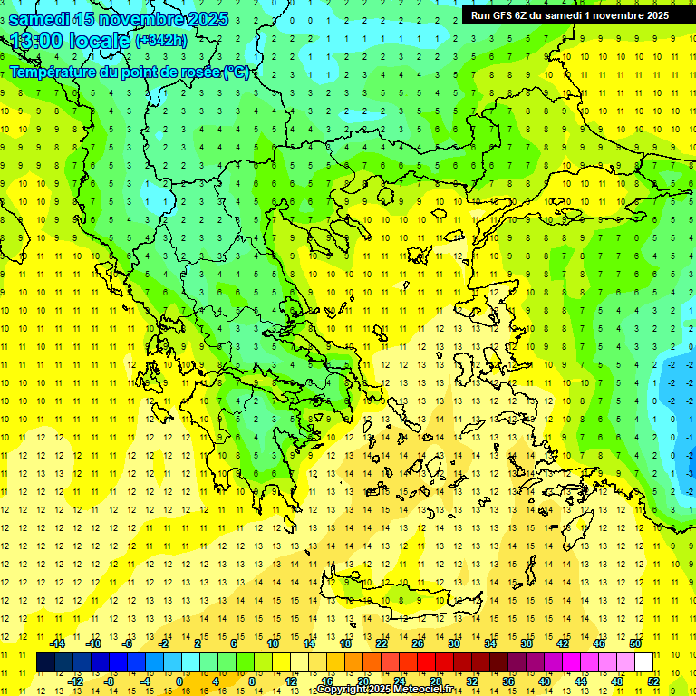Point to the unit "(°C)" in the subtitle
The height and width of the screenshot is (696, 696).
tap(237, 72)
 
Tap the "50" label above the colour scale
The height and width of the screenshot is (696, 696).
tap(634, 643)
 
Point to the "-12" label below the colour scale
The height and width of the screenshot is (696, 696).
tap(76, 681)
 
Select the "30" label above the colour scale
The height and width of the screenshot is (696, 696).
tap(454, 643)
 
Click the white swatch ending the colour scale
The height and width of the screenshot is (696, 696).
tap(644, 662)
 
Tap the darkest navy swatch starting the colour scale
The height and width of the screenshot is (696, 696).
tap(45, 662)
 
